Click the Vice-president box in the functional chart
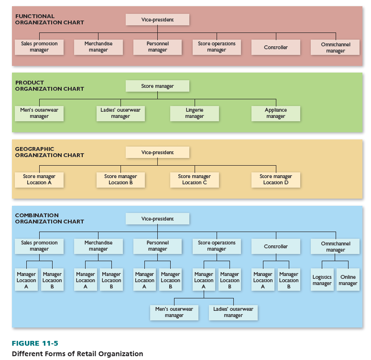point(157,20)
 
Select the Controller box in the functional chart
point(276,47)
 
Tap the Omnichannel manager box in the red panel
point(335,47)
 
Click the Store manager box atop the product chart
point(157,86)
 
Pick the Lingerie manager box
point(194,113)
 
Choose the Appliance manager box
point(275,113)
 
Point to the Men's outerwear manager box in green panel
point(39,113)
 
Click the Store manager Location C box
point(194,180)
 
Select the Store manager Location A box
point(39,180)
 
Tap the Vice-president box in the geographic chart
point(157,152)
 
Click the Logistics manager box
point(322,280)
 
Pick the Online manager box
point(348,280)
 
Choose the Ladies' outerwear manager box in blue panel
point(233,312)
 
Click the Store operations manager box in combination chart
point(217,246)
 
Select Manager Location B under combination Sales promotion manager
point(52,280)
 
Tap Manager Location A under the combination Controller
point(262,280)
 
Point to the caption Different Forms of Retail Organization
point(77,354)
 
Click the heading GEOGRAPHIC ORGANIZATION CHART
point(49,152)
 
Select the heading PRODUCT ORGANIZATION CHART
point(49,85)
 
